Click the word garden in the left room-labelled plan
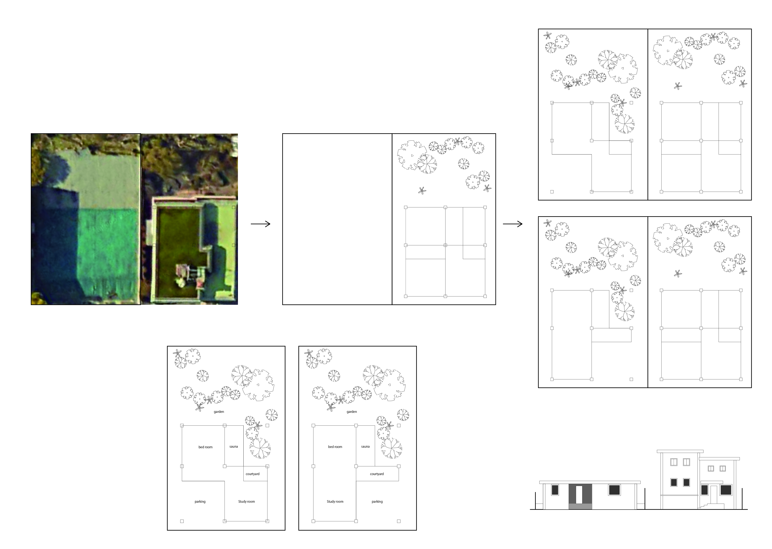[x=219, y=412]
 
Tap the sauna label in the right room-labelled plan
[x=365, y=447]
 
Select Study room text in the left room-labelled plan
[x=247, y=501]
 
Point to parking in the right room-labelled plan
[x=377, y=502]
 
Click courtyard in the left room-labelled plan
[x=253, y=474]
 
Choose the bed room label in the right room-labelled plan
[x=335, y=447]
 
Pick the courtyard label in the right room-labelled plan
[x=377, y=474]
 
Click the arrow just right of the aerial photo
[x=260, y=224]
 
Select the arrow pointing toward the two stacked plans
[x=513, y=224]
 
